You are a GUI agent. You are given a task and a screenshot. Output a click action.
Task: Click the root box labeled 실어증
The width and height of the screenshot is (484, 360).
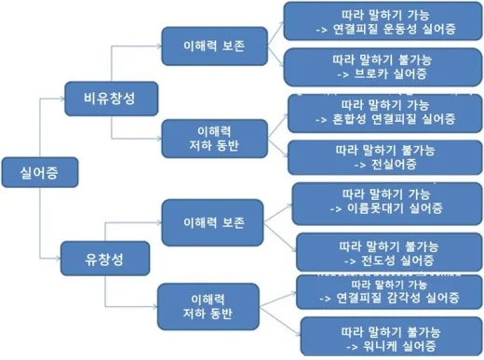coord(36,172)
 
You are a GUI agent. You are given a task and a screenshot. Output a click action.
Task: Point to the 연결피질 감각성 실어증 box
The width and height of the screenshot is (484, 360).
coord(389,293)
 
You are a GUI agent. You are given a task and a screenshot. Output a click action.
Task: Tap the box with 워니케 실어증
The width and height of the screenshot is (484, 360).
coord(389,338)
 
